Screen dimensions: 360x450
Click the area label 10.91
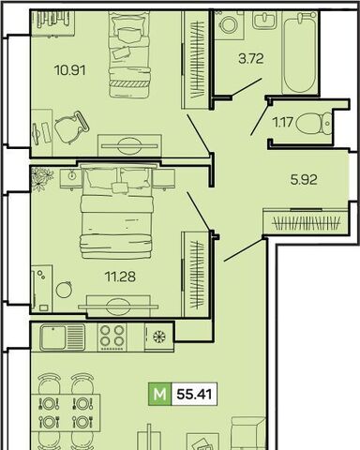69,70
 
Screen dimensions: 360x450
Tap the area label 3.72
251,58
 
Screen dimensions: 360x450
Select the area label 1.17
283,122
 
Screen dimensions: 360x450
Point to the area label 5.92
304,180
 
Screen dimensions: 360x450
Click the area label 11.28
120,277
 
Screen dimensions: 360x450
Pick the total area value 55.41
194,394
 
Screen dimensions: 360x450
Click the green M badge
160,394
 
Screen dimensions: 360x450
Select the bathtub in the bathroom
299,52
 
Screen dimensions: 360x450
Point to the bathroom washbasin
264,20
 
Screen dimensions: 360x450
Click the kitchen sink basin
52,337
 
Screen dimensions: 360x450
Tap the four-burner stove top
112,337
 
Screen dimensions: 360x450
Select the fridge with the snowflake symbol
159,337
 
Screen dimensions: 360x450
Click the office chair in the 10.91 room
71,127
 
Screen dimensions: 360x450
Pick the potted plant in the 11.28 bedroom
41,178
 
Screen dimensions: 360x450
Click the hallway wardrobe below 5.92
306,222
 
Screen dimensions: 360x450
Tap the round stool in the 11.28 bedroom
64,289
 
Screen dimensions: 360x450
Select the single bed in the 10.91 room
129,54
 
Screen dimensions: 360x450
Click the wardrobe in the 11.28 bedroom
196,274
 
